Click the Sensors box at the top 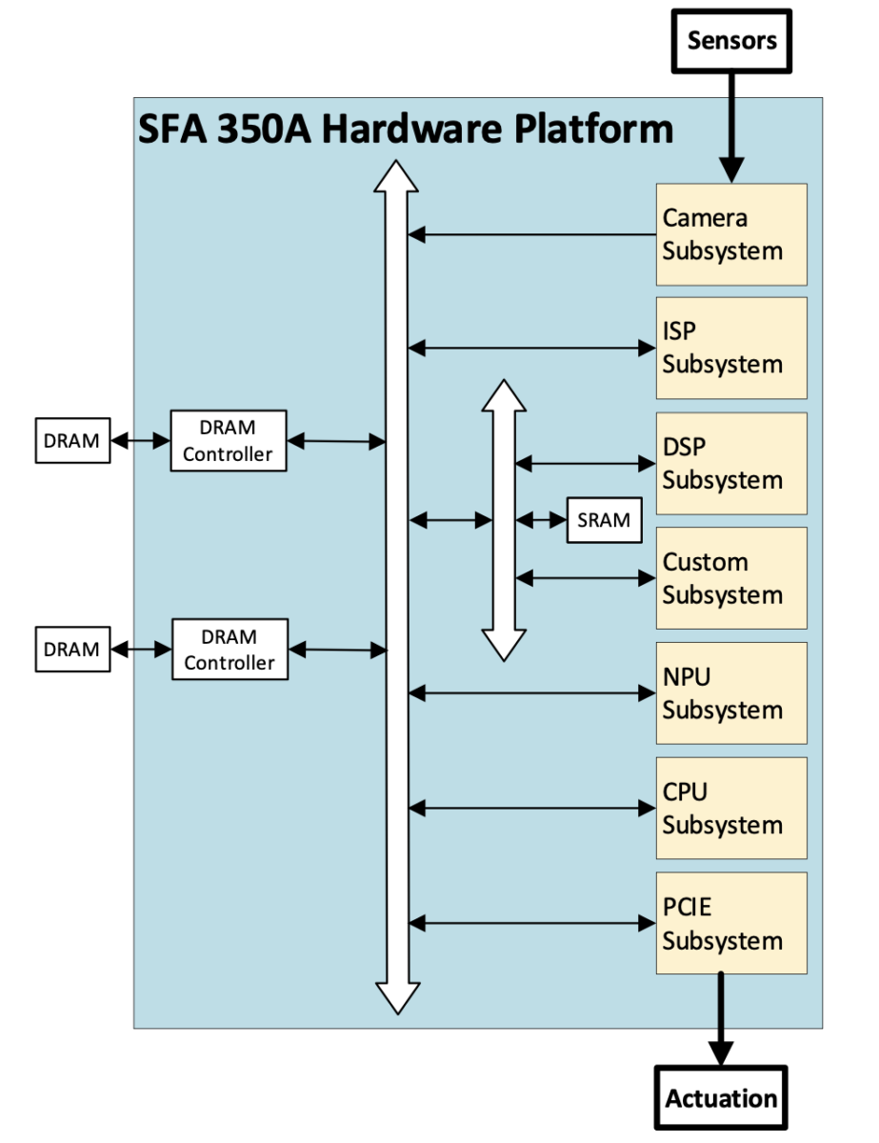[x=731, y=41]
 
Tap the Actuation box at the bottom [x=721, y=1098]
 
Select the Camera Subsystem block [x=730, y=234]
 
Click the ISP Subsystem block [x=730, y=348]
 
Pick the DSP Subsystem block [x=730, y=463]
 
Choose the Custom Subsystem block [x=730, y=578]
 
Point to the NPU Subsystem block [x=730, y=693]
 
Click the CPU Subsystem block [x=730, y=809]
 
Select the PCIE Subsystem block [x=730, y=924]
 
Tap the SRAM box [x=604, y=520]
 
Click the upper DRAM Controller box [x=229, y=441]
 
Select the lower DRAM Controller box [x=229, y=650]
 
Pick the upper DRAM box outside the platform [x=72, y=441]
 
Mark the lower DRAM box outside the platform [x=72, y=650]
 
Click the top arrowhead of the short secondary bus [x=504, y=396]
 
